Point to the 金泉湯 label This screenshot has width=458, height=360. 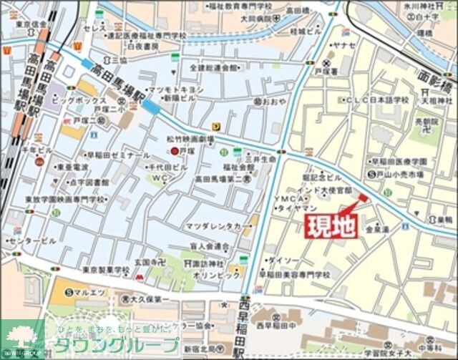pos(378,230)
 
